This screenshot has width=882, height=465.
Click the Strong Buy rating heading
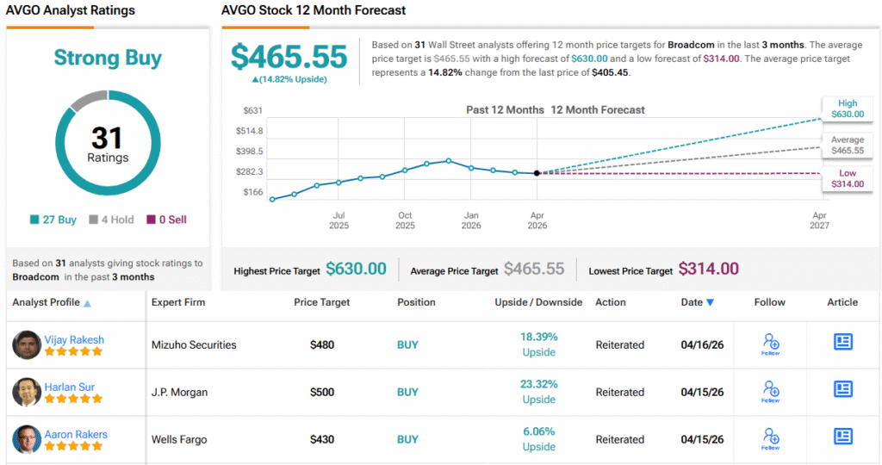[x=108, y=58]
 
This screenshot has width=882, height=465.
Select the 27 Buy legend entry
[x=53, y=220]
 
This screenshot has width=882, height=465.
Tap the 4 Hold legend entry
[x=111, y=220]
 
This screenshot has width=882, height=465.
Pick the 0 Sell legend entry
[x=166, y=220]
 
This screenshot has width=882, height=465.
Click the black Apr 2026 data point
[x=537, y=173]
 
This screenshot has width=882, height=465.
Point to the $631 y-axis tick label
[x=252, y=110]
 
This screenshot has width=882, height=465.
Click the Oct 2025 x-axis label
[x=405, y=220]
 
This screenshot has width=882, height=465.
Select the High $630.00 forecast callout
[x=848, y=108]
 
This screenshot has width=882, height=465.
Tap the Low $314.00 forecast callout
[x=848, y=179]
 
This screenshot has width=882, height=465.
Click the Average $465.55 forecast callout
[x=848, y=145]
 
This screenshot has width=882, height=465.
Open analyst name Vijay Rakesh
[x=74, y=339]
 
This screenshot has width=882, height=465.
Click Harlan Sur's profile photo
[x=27, y=392]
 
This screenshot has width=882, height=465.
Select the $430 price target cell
[x=322, y=439]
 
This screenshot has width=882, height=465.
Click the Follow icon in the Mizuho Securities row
[x=770, y=344]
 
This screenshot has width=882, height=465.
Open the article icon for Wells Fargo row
[x=842, y=437]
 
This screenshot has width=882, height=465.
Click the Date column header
[x=697, y=302]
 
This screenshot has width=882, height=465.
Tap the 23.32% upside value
[x=539, y=384]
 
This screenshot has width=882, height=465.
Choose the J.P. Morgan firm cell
[x=179, y=392]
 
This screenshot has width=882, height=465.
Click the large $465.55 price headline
[x=289, y=57]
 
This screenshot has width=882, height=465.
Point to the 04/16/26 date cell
[x=702, y=344]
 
